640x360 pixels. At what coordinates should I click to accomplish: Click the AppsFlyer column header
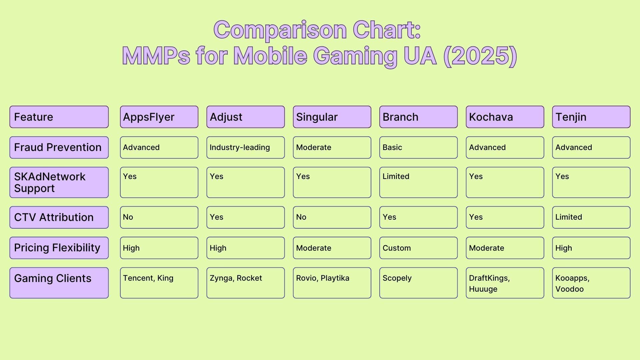(159, 117)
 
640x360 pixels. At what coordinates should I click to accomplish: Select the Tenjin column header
(591, 117)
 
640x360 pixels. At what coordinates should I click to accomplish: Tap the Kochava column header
(505, 117)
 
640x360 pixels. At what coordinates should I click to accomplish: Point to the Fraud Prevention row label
(59, 147)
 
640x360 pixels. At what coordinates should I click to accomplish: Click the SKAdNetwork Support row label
(59, 182)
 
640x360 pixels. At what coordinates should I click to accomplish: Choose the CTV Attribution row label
(59, 217)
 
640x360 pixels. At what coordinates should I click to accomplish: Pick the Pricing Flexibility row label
(59, 248)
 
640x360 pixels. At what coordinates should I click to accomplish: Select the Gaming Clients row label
(59, 283)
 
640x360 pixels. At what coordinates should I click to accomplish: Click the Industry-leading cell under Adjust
(245, 147)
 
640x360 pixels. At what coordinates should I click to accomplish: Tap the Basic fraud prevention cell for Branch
(418, 147)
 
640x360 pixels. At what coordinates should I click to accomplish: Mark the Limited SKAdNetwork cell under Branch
(418, 182)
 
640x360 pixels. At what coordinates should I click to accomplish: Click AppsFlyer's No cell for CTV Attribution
(159, 217)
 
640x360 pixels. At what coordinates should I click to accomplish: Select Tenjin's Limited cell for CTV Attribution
(591, 217)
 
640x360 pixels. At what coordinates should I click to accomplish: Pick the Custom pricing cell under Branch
(418, 248)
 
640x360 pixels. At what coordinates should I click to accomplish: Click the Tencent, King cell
(159, 283)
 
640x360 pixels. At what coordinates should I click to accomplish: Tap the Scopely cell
(418, 283)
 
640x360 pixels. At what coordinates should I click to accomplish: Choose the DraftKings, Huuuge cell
(505, 283)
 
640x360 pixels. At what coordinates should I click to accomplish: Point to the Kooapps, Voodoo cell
(591, 283)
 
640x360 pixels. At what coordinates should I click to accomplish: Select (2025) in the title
(480, 56)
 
